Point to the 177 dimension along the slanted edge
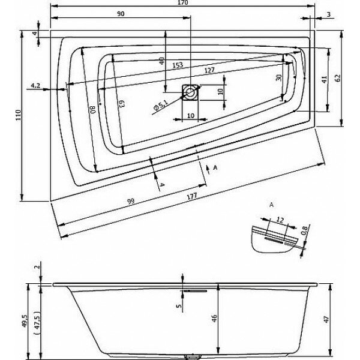192,193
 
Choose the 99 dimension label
130,202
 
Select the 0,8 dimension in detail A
304,229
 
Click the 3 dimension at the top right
329,14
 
